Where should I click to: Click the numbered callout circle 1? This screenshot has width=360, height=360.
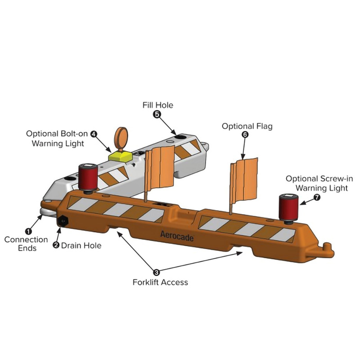pos(28,230)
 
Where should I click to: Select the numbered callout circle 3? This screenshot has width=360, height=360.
pos(156,272)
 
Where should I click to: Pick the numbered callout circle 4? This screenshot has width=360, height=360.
pos(94,134)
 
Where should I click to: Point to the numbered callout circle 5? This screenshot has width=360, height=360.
pos(157,114)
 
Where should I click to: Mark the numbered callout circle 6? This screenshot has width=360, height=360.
pos(245,135)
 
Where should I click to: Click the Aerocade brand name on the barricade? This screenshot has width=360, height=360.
pos(177,234)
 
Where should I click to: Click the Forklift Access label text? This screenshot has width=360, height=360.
pos(160,283)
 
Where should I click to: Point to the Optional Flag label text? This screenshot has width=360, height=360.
pos(247,126)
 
